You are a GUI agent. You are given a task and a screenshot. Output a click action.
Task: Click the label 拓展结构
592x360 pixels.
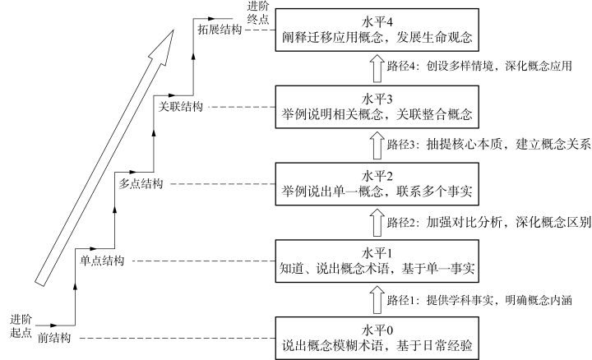point(221,30)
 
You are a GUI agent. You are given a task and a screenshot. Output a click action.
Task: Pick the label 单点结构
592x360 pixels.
point(101,261)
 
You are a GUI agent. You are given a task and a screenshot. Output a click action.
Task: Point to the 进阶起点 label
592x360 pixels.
point(21,325)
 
